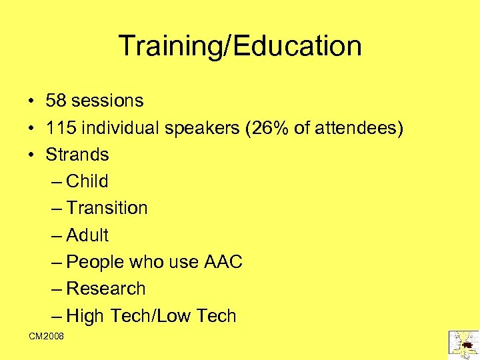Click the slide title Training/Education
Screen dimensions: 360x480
(240, 46)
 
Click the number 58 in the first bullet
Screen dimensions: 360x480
(55, 101)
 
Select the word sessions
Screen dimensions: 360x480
(107, 101)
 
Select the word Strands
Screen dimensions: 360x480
(77, 155)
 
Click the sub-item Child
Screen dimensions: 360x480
(87, 181)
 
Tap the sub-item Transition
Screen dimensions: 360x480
(107, 208)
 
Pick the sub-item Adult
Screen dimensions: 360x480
(87, 235)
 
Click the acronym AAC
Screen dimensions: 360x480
(223, 262)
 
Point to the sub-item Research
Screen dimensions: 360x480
(106, 289)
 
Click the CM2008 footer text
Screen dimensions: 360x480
(47, 337)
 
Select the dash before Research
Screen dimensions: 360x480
(57, 289)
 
